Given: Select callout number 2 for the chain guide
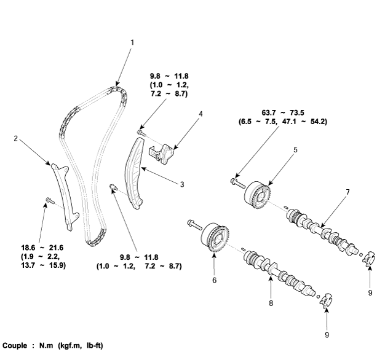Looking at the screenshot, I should point(15,138).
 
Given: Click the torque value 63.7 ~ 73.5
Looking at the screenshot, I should point(282,113).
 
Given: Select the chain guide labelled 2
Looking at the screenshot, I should point(64,193).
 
